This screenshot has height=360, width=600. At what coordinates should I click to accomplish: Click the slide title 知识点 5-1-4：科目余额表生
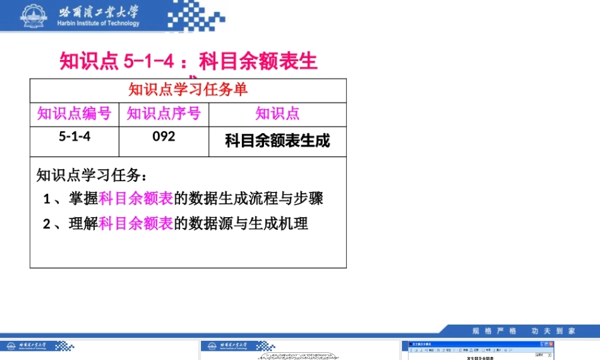click(188, 61)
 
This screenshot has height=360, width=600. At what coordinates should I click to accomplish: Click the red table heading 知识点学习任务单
click(188, 90)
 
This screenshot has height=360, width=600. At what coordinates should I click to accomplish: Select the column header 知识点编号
click(74, 113)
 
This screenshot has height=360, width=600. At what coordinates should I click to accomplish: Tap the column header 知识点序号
click(164, 113)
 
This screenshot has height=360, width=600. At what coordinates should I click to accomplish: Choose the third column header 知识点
click(277, 113)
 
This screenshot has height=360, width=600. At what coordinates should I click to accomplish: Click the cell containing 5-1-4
click(74, 136)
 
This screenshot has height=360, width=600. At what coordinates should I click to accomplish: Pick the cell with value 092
click(164, 136)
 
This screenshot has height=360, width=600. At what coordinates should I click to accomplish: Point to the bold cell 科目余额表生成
click(277, 141)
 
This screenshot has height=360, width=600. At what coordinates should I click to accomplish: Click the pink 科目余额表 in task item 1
click(136, 198)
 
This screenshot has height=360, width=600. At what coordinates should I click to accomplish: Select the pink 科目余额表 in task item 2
click(136, 224)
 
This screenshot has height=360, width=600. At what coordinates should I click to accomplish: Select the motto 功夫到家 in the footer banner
click(553, 331)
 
